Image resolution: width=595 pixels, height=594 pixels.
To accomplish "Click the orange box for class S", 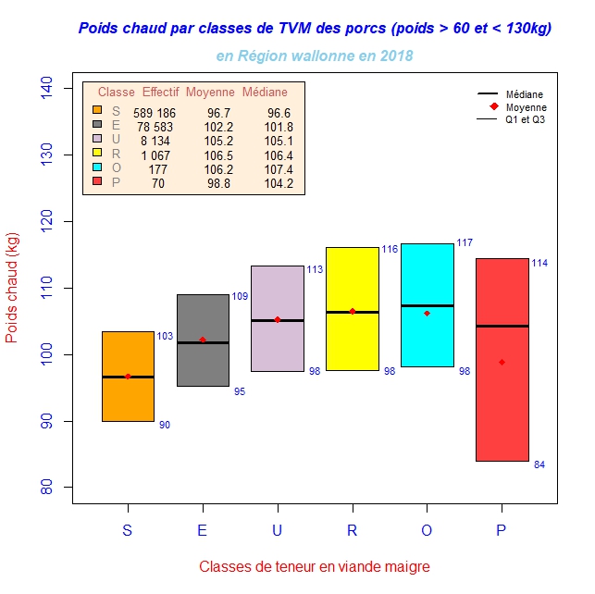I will [x=128, y=398].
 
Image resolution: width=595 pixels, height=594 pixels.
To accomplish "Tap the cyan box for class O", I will [x=428, y=278].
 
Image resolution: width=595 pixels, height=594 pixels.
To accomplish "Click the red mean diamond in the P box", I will [x=502, y=362].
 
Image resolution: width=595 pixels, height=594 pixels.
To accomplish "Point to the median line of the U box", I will [x=278, y=320].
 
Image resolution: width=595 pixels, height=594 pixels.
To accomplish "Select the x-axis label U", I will [x=278, y=530].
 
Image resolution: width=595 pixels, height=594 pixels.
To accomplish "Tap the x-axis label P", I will [x=502, y=530].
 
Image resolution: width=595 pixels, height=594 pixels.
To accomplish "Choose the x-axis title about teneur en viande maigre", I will [x=315, y=566].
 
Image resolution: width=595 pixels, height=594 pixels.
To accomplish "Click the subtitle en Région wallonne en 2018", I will [x=315, y=56].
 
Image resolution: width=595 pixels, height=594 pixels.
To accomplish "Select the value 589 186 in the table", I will [x=154, y=112].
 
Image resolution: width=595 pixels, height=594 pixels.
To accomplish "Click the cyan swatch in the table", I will [x=96, y=168].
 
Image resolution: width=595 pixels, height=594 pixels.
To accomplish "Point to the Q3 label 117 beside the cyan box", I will [x=465, y=242].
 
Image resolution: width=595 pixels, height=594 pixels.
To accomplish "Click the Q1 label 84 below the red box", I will [x=539, y=464].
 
